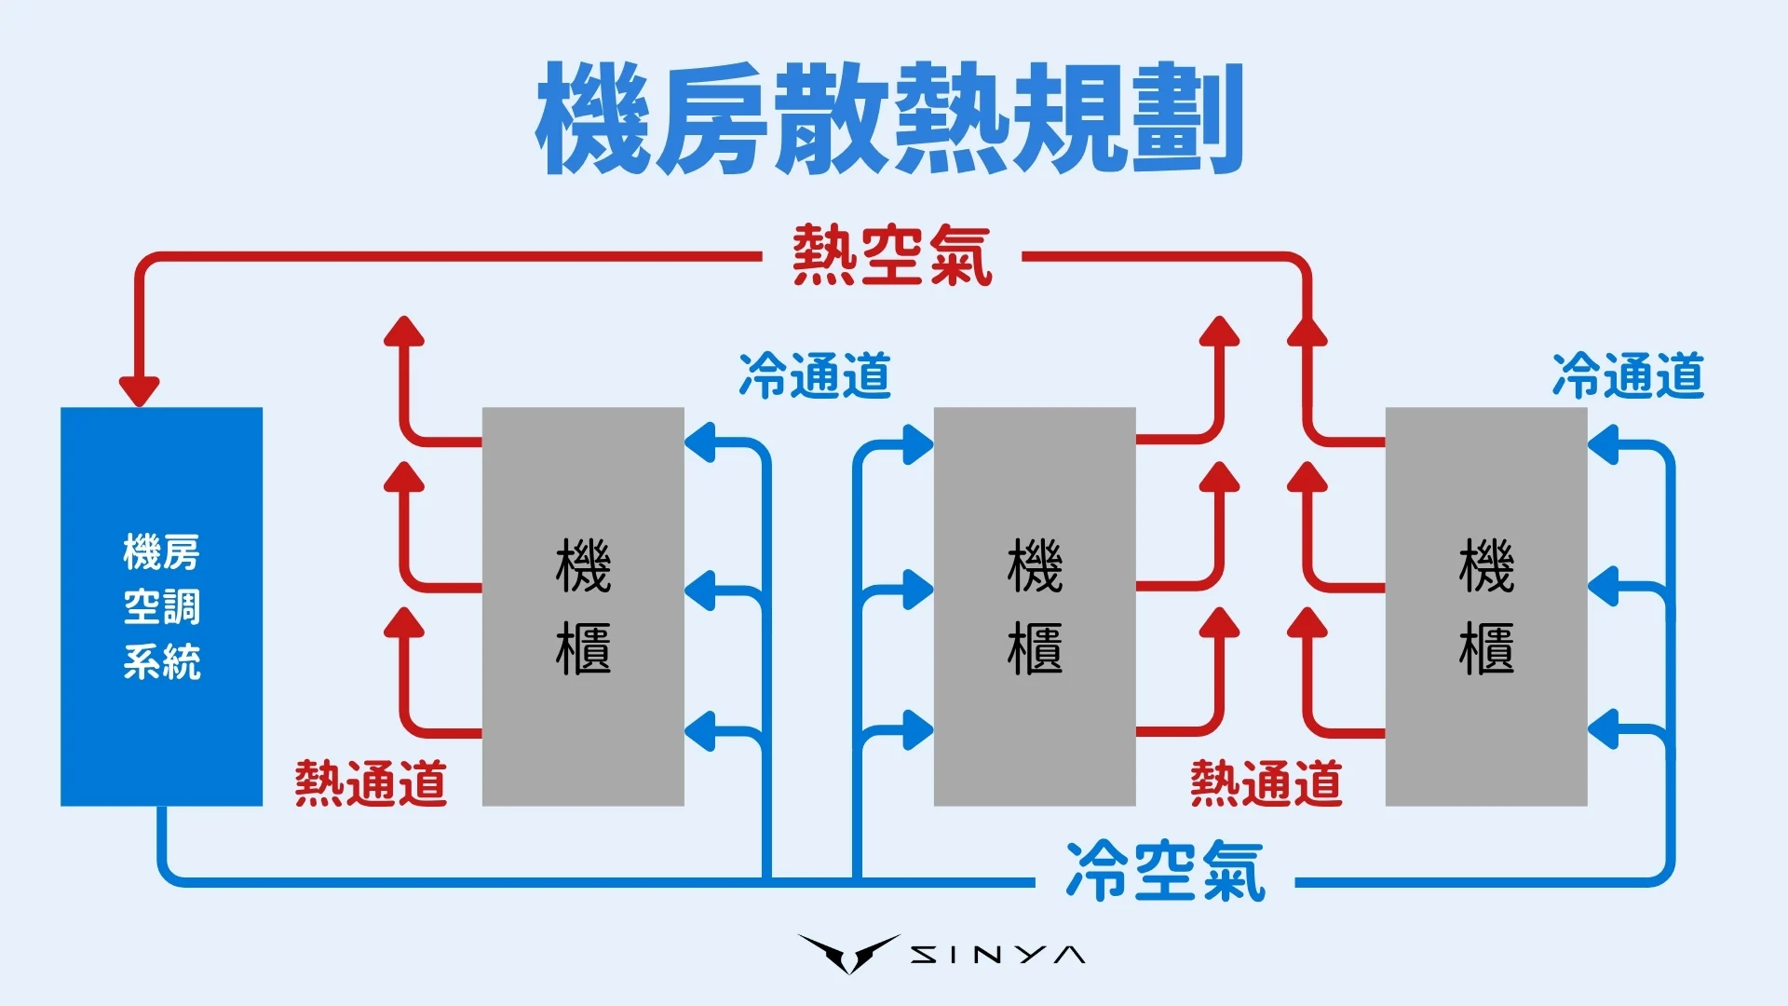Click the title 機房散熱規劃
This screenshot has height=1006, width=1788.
pyautogui.click(x=889, y=119)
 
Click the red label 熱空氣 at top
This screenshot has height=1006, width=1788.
pyautogui.click(x=891, y=255)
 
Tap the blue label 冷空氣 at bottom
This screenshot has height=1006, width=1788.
pyautogui.click(x=1165, y=871)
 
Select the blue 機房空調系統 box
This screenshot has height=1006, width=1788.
pyautogui.click(x=161, y=605)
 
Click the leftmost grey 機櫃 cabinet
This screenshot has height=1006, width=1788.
pyautogui.click(x=583, y=605)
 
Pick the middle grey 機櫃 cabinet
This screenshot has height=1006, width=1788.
pyautogui.click(x=1034, y=605)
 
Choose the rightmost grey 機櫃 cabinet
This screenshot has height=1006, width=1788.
pyautogui.click(x=1485, y=605)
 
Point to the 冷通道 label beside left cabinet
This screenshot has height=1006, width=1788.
pyautogui.click(x=814, y=376)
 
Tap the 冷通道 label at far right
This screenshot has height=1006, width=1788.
pyautogui.click(x=1628, y=376)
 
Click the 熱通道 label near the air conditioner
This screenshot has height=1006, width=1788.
pyautogui.click(x=371, y=782)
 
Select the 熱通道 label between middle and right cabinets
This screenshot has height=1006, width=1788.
pyautogui.click(x=1266, y=782)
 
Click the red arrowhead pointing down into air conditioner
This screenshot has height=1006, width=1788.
pyautogui.click(x=140, y=389)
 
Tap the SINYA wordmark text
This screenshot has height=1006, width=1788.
pyautogui.click(x=996, y=955)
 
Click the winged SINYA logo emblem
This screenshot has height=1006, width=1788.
pyautogui.click(x=848, y=953)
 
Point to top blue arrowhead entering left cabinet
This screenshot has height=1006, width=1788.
pyautogui.click(x=700, y=443)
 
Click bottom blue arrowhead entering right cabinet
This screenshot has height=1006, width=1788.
pyautogui.click(x=1603, y=729)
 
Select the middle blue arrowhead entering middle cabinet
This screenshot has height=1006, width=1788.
pyautogui.click(x=917, y=590)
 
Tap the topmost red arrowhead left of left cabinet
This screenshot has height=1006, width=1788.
pyautogui.click(x=404, y=332)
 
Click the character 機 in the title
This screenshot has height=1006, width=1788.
pyautogui.click(x=593, y=119)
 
